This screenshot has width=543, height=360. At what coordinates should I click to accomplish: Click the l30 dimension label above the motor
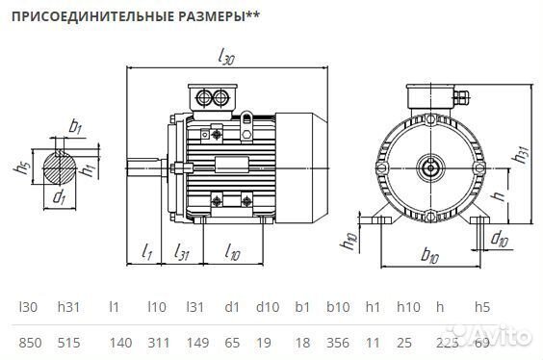tap(227, 60)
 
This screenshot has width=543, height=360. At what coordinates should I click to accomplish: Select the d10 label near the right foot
tap(500, 238)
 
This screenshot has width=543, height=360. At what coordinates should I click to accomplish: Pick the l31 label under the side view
tap(182, 251)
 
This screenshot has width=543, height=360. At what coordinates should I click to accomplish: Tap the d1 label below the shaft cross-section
tap(60, 198)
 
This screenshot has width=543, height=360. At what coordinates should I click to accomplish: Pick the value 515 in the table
tap(69, 341)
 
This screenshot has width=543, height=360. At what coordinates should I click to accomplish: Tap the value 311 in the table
tap(158, 341)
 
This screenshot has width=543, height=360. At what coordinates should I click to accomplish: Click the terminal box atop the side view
tap(212, 97)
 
